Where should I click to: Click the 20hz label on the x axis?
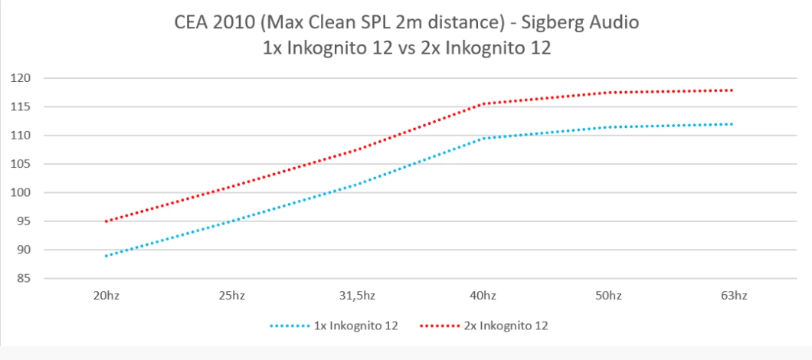click(x=104, y=296)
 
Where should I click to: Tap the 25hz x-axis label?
click(x=231, y=296)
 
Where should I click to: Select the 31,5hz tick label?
click(x=356, y=296)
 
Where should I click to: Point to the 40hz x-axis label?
click(x=482, y=296)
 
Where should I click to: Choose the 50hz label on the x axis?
click(x=608, y=296)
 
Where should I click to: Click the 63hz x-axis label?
click(x=734, y=296)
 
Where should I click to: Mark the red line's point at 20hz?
click(x=105, y=221)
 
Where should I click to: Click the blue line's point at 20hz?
click(x=105, y=256)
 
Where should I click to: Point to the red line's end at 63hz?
click(x=733, y=90)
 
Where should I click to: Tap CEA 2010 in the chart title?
click(x=208, y=24)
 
